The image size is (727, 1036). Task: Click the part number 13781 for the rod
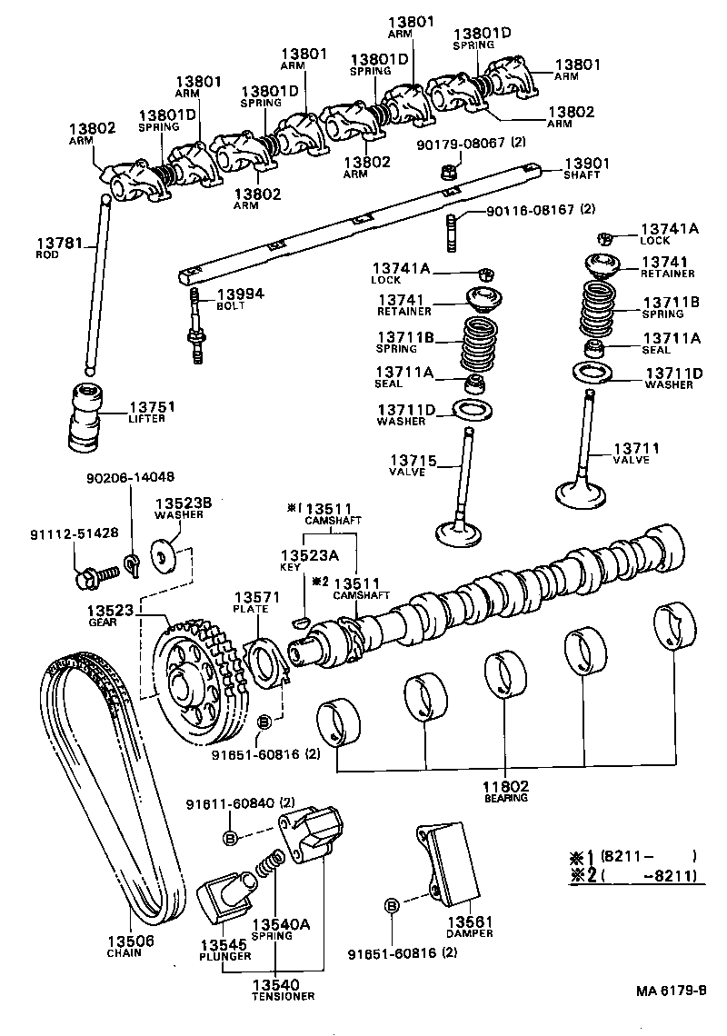tap(59, 244)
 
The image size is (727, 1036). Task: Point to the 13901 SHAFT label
tap(587, 168)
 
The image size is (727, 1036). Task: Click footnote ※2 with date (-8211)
tap(632, 876)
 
